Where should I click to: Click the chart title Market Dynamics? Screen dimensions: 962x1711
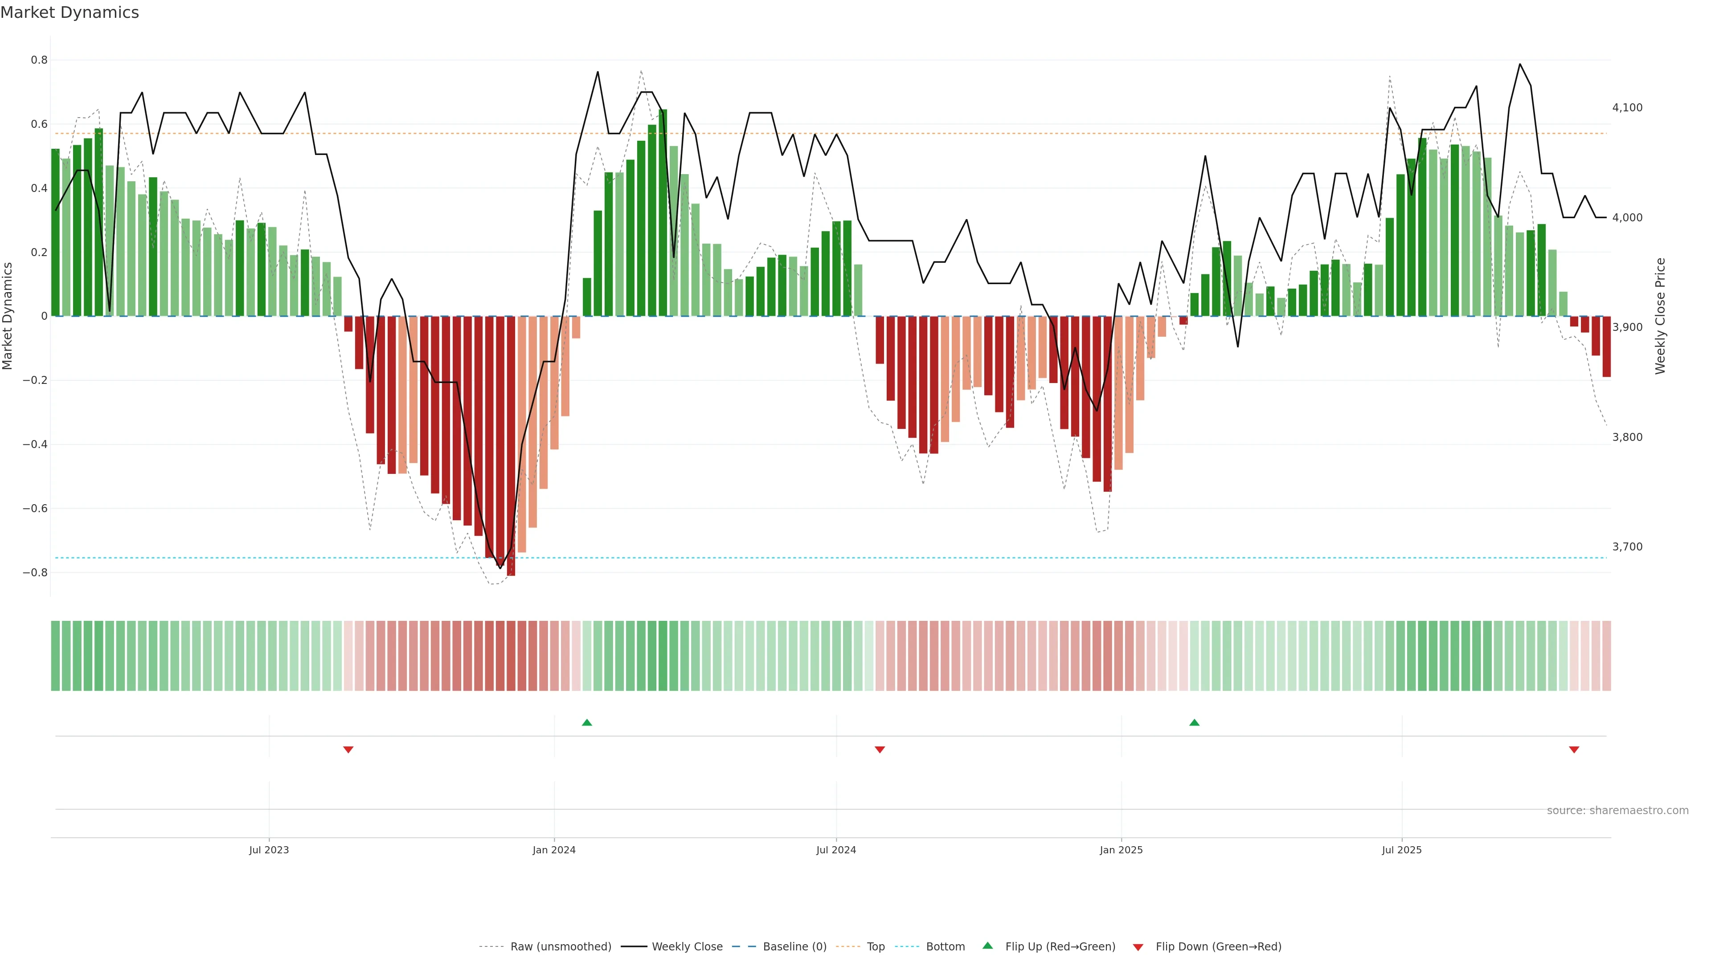(x=70, y=12)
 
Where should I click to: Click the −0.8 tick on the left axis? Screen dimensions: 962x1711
(x=35, y=572)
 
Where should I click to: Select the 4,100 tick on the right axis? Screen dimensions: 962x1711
(x=1627, y=107)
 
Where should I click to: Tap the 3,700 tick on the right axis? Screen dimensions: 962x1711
(x=1627, y=547)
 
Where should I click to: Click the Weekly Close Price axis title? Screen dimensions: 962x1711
(x=1660, y=316)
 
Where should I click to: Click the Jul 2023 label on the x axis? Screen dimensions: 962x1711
(x=269, y=850)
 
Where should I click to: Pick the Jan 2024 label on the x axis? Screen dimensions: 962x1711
(x=554, y=850)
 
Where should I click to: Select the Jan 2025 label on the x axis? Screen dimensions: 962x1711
(x=1121, y=850)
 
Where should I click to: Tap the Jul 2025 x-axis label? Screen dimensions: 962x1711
(x=1401, y=850)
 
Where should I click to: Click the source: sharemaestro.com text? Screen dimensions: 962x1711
(x=1617, y=811)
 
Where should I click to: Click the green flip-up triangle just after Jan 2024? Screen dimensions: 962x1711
(x=586, y=722)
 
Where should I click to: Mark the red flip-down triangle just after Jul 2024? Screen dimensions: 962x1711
(x=880, y=750)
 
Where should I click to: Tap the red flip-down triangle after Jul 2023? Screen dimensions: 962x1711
(x=348, y=750)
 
